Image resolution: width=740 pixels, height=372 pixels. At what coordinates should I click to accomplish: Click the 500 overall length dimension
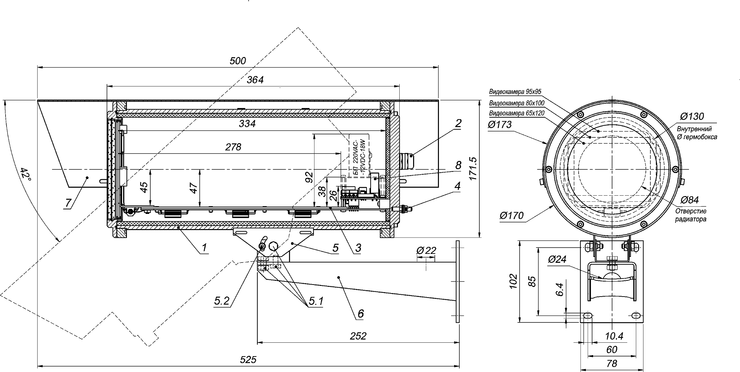click(238, 61)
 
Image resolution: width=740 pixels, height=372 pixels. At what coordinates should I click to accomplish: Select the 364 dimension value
click(256, 80)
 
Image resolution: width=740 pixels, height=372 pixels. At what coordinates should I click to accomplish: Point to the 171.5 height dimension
click(473, 169)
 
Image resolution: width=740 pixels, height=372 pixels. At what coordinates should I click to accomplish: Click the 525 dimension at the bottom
click(248, 360)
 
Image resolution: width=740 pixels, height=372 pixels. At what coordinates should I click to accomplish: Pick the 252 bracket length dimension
click(358, 336)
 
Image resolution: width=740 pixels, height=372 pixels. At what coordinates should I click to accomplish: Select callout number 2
click(458, 123)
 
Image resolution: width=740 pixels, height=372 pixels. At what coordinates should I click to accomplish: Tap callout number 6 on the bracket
click(360, 313)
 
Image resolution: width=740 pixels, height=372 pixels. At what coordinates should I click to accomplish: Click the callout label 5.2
click(222, 301)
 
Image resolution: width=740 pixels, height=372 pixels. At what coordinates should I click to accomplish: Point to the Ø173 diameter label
click(500, 124)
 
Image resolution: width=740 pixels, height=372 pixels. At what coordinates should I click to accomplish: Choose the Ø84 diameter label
click(690, 200)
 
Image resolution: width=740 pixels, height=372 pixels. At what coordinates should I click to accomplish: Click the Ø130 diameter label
click(692, 116)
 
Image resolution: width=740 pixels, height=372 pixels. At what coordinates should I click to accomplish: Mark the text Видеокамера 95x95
click(515, 92)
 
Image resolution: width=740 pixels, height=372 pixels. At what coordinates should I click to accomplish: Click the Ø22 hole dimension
click(426, 250)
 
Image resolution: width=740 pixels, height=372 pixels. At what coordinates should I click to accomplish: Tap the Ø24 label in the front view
click(557, 259)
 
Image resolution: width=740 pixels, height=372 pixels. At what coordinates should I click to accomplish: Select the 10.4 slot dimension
click(614, 336)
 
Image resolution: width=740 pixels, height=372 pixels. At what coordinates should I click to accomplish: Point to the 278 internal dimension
click(233, 147)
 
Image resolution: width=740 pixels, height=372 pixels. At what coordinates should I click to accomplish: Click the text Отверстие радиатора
click(691, 215)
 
